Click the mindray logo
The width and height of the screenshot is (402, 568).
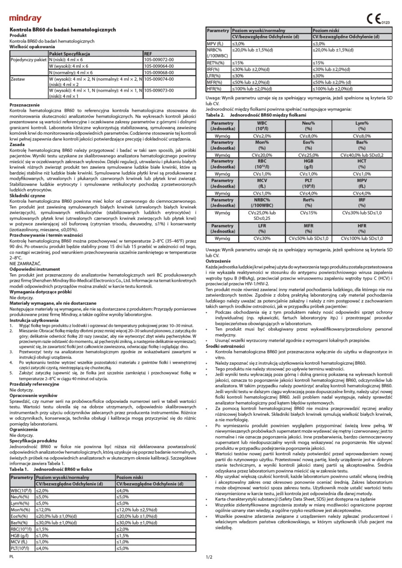click(25, 19)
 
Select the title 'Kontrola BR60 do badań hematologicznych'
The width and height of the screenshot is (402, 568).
click(63, 30)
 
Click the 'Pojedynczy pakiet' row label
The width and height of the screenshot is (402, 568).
click(28, 59)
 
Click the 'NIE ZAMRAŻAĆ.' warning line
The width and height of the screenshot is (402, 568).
click(26, 264)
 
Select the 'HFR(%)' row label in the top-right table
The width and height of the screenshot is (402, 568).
click(215, 88)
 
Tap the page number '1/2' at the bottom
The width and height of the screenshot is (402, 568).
click(209, 557)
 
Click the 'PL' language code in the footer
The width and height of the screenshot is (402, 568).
click(13, 556)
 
